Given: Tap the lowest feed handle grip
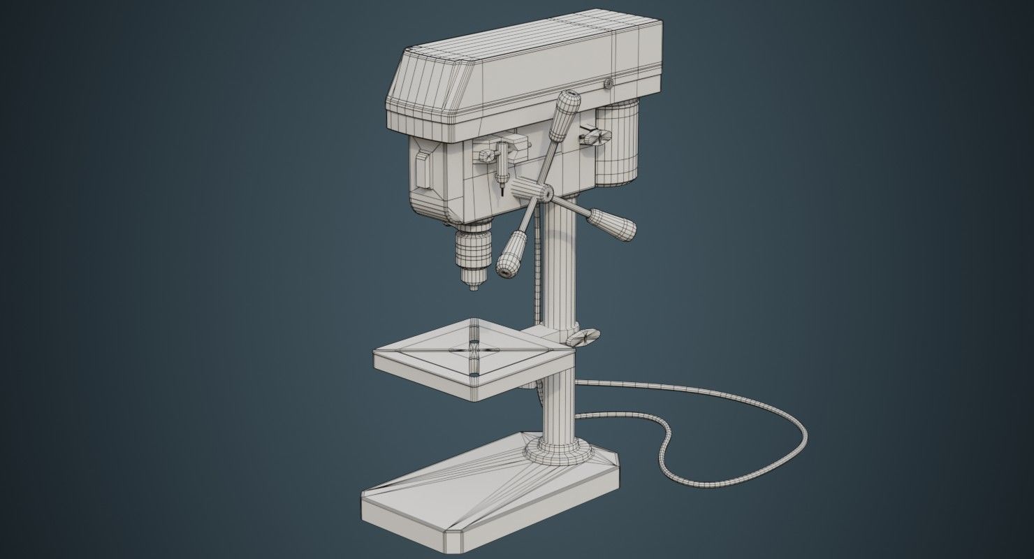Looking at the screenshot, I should click(513, 253).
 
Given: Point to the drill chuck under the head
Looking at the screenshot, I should click(473, 249).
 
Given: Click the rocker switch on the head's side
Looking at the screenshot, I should click(422, 169).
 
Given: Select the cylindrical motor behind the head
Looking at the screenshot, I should click(618, 143).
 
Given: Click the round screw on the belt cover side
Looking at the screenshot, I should click(608, 84).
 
